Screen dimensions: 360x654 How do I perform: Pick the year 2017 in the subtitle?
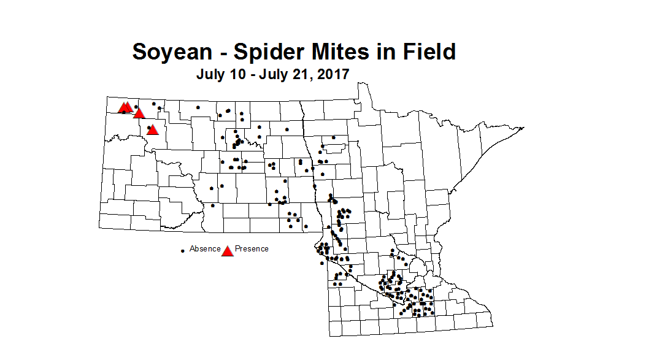333,75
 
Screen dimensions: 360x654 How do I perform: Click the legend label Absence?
204,249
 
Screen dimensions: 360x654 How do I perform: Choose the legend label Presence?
252,249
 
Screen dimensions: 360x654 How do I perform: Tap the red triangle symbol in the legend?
228,251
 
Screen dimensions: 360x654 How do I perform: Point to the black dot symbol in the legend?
183,251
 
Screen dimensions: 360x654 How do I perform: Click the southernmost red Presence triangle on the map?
153,129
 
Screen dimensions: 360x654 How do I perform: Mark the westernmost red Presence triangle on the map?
123,108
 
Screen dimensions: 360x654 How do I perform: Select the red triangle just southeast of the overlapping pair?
139,113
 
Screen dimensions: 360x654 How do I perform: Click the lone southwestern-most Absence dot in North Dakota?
213,205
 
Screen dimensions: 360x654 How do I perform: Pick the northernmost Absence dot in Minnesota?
333,137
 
